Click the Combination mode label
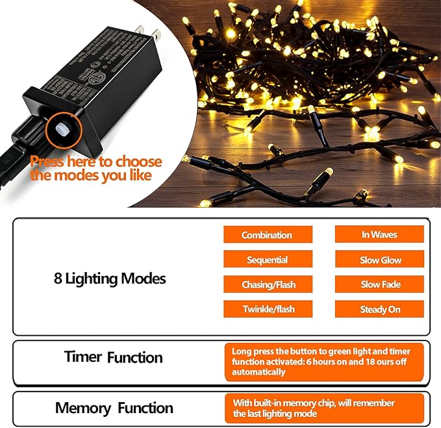click(267, 235)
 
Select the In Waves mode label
click(379, 234)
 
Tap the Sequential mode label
click(267, 260)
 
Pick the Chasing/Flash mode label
click(267, 284)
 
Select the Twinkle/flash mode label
click(267, 309)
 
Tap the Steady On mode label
click(380, 309)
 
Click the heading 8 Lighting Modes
click(110, 279)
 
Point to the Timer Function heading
click(113, 357)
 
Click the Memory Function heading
click(114, 409)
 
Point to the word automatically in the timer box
click(258, 372)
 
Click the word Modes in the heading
click(146, 279)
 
